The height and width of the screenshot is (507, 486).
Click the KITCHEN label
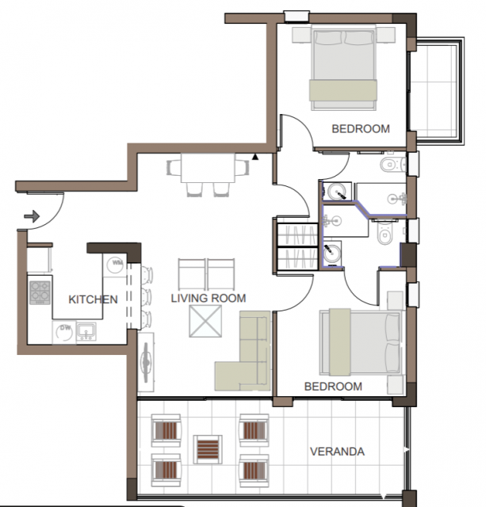point(93,299)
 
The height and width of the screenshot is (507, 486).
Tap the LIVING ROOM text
point(209,298)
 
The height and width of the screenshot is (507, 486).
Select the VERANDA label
point(337,452)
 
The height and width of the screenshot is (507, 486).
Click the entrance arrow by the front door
point(32,216)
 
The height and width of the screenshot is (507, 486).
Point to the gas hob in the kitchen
point(40,292)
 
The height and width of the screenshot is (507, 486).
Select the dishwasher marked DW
point(64,332)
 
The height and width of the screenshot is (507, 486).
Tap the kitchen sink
point(86,331)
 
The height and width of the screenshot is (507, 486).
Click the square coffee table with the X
point(205,321)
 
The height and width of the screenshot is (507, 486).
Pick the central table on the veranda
point(208,449)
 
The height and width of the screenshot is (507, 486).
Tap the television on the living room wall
point(146,362)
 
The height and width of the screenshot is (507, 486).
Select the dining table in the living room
point(208,168)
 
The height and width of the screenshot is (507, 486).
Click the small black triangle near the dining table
point(255,157)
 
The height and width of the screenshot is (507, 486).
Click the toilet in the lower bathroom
point(385,234)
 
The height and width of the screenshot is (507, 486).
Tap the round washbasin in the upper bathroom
point(337,192)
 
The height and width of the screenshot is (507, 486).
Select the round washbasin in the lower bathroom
point(331,253)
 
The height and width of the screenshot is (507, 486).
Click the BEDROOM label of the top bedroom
point(361,128)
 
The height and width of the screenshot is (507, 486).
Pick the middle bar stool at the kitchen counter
point(146,295)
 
